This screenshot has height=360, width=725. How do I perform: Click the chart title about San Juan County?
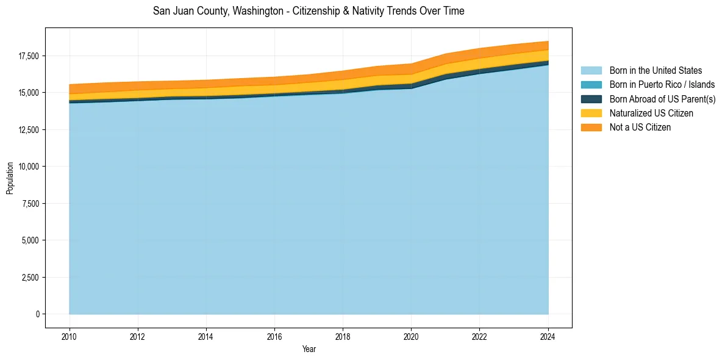pyautogui.click(x=309, y=11)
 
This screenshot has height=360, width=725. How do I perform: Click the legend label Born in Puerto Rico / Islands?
pyautogui.click(x=662, y=85)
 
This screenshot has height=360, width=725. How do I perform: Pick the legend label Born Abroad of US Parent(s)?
pyautogui.click(x=662, y=99)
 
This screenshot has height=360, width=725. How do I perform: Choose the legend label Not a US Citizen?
pyautogui.click(x=640, y=128)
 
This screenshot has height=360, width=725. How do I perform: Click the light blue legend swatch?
pyautogui.click(x=591, y=71)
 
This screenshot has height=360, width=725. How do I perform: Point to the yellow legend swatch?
pyautogui.click(x=591, y=113)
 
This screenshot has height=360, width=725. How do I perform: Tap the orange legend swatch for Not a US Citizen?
pyautogui.click(x=591, y=128)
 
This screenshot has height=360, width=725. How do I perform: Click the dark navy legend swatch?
pyautogui.click(x=591, y=99)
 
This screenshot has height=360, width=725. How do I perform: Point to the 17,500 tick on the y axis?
pyautogui.click(x=29, y=56)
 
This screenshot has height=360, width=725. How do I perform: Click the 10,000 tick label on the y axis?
pyautogui.click(x=29, y=167)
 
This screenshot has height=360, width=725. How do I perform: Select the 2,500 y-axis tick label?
pyautogui.click(x=30, y=278)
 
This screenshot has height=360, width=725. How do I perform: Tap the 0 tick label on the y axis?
pyautogui.click(x=37, y=314)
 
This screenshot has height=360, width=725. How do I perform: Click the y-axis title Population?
pyautogui.click(x=10, y=178)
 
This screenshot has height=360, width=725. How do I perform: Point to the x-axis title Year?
pyautogui.click(x=309, y=349)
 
